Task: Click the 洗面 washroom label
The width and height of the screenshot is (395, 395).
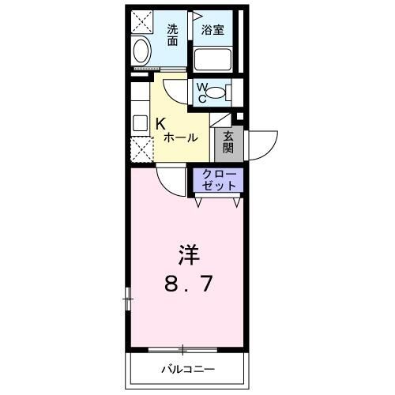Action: click(x=173, y=36)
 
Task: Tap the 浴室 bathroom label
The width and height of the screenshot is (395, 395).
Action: click(x=213, y=31)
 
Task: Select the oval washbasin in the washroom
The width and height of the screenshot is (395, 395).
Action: click(x=141, y=54)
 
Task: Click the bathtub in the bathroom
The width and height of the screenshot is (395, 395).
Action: click(x=212, y=58)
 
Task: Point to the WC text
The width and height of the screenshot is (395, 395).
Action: click(x=201, y=92)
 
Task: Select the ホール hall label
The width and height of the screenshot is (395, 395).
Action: click(x=180, y=137)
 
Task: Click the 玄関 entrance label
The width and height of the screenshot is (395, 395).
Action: click(x=228, y=142)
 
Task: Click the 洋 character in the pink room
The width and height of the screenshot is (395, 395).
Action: click(x=188, y=256)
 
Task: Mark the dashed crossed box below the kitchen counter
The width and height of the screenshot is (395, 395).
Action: click(x=140, y=148)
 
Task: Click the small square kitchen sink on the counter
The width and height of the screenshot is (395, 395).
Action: click(x=139, y=122)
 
